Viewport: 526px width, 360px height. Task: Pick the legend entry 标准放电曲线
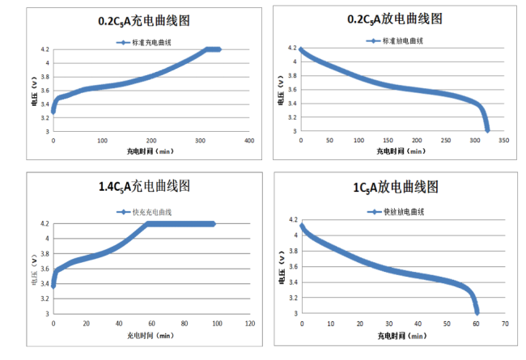coord(400,40)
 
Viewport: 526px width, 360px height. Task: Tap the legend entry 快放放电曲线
coord(401,211)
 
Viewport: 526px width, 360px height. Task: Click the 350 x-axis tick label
coord(503,140)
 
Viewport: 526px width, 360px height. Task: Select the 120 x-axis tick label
coord(248,323)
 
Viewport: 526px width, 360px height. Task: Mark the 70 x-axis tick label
coord(504,323)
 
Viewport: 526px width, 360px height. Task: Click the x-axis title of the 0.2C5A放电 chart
coord(400,150)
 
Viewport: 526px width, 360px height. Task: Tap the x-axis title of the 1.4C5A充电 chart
coord(151,333)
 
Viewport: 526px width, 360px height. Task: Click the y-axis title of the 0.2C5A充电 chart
coord(35,90)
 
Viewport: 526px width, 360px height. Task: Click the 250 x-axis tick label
coord(445,140)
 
